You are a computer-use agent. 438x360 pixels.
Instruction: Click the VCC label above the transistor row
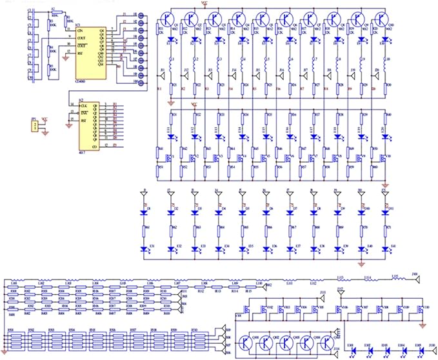[x=204, y=3]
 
